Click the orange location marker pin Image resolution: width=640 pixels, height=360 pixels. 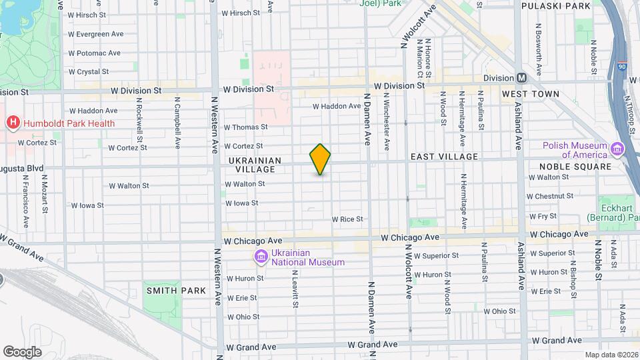tap(320, 159)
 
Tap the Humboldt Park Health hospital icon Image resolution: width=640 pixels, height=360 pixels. tap(12, 123)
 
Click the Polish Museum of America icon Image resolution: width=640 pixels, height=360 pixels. tap(617, 149)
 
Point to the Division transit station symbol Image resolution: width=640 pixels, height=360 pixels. tap(522, 78)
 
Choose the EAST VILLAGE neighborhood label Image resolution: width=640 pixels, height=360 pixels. tap(444, 157)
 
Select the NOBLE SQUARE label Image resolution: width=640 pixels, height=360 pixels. tap(575, 167)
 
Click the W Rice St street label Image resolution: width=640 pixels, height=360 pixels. tap(347, 219)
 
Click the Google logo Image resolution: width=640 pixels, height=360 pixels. tap(23, 351)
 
